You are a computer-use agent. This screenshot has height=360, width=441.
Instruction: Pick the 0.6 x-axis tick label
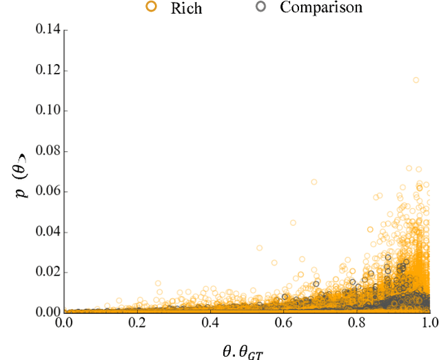[x=284, y=322]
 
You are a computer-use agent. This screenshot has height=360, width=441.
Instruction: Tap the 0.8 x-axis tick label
[x=357, y=322]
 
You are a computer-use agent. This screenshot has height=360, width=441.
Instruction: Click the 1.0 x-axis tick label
[x=429, y=322]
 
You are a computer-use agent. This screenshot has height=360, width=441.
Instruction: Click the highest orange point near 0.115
[x=416, y=80]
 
